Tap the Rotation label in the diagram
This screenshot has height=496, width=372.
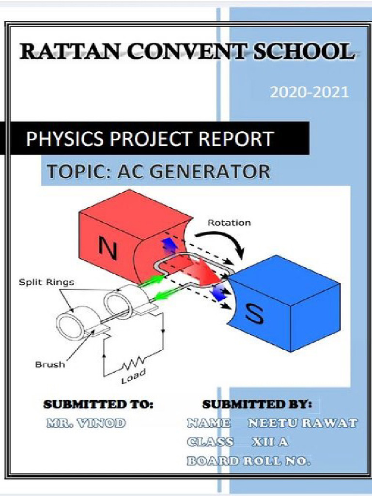pos(229,223)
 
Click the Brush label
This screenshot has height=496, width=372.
pos(49,364)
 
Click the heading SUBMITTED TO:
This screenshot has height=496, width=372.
pos(99,404)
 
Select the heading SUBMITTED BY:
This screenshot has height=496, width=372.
pos(257,404)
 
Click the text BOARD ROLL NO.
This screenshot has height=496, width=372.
pos(248,461)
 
